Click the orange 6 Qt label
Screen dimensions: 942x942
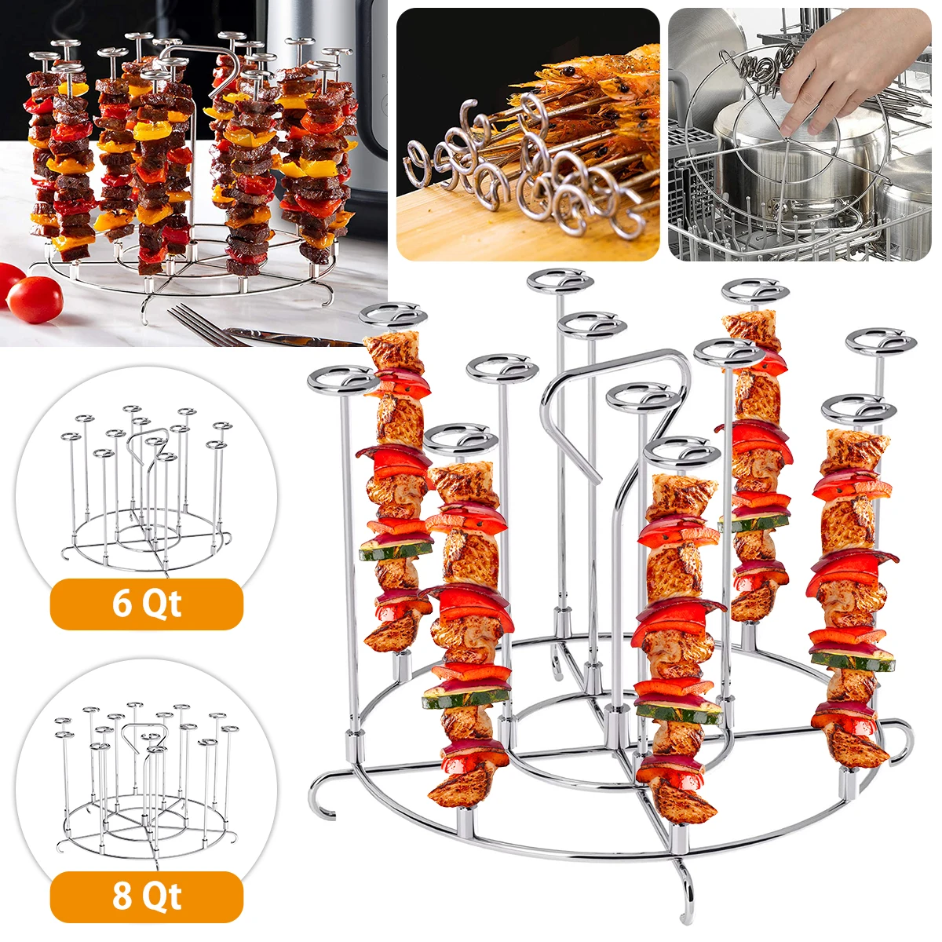click(146, 604)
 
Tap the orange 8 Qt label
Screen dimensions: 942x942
click(146, 896)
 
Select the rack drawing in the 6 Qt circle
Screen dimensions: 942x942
click(146, 487)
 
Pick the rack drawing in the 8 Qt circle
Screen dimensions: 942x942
click(146, 777)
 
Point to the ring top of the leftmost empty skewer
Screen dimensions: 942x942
click(343, 380)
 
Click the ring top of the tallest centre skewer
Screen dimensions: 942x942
click(560, 280)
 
